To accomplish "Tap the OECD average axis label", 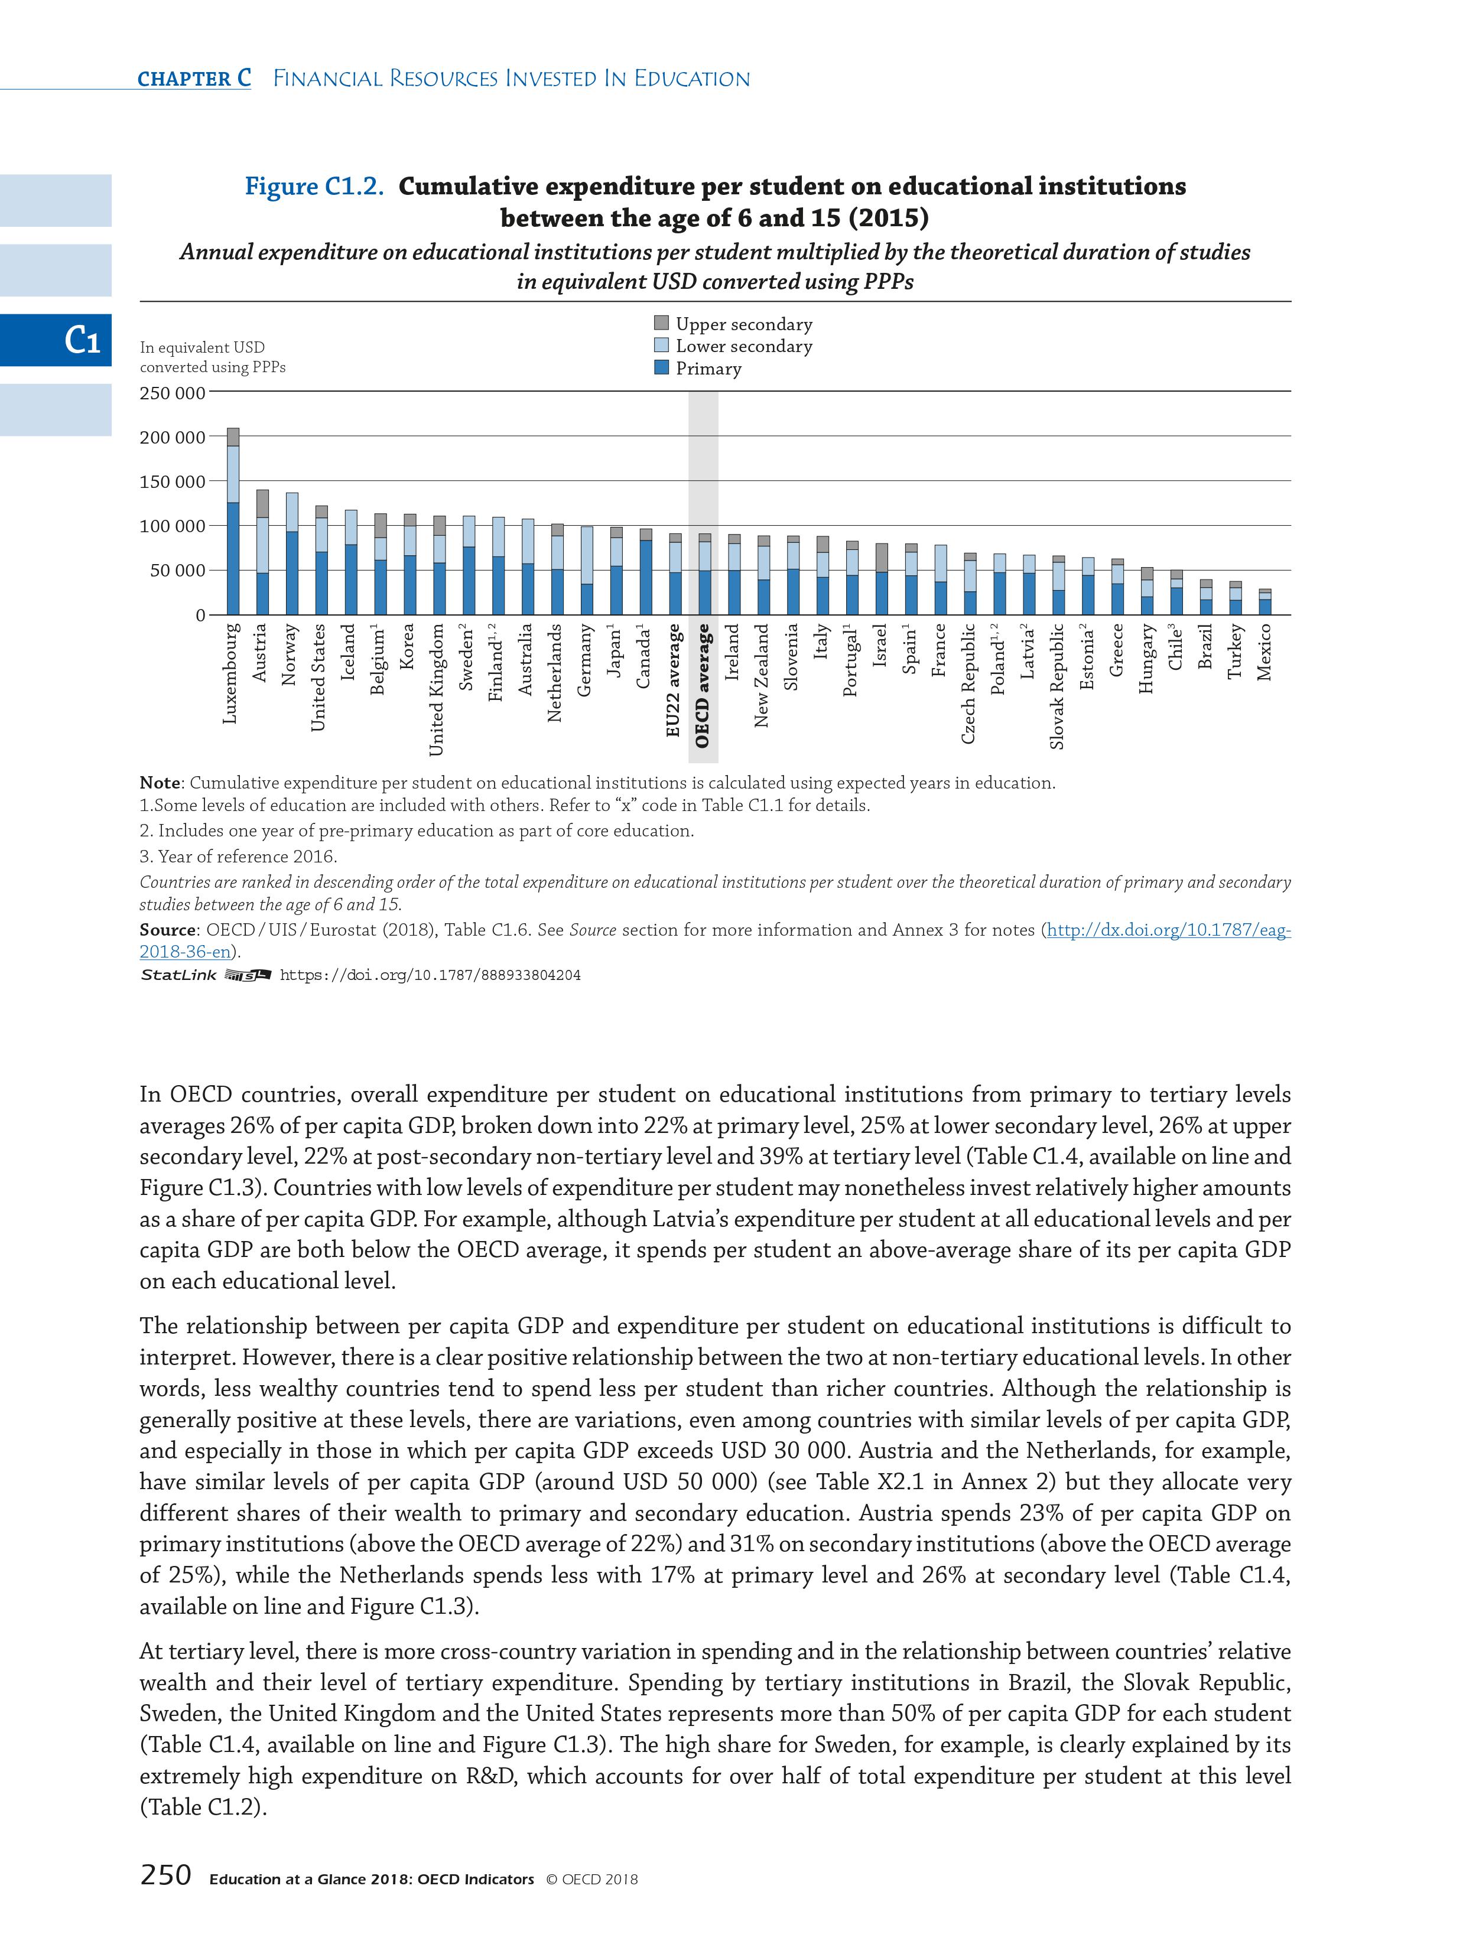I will [703, 685].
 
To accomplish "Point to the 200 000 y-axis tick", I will [173, 437].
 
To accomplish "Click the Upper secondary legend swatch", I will [661, 323].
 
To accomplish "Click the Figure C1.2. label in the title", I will [314, 187].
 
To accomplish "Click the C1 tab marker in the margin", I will [82, 340].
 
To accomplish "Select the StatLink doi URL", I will [430, 975].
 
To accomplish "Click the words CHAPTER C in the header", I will [194, 79].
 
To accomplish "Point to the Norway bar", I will [292, 554].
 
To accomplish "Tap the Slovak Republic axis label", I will [1058, 686].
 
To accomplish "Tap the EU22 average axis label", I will [674, 680].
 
